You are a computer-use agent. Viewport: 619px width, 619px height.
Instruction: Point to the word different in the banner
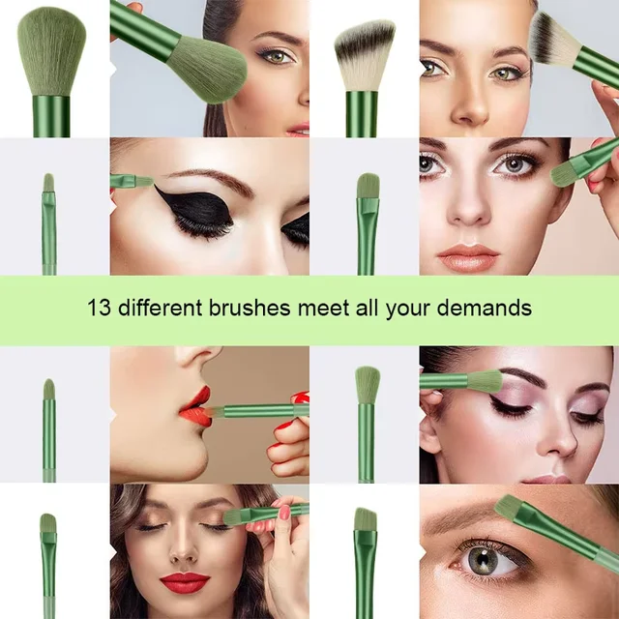159,309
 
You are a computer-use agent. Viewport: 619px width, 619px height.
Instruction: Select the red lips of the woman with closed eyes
184,581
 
